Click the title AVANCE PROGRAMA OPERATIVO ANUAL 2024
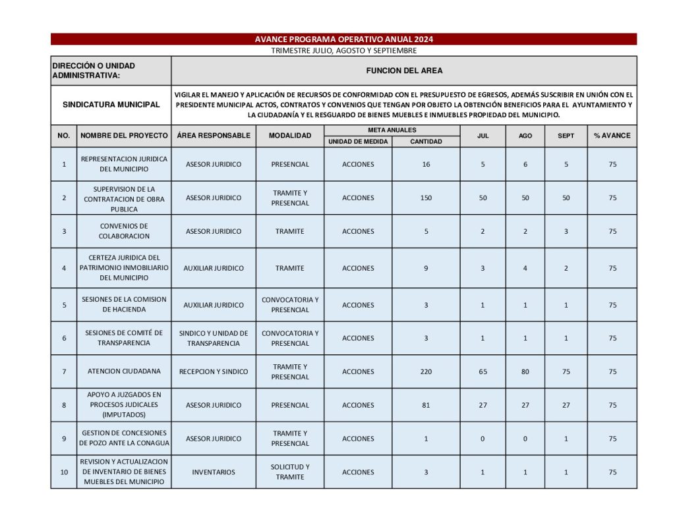[343, 40]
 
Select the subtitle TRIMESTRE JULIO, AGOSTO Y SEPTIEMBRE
[343, 51]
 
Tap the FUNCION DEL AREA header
[404, 70]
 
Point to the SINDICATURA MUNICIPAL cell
[111, 105]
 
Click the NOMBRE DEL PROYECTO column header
[124, 136]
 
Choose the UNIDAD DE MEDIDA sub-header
[358, 142]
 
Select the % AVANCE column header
[612, 136]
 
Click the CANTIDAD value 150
[426, 198]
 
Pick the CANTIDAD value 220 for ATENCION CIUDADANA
[426, 371]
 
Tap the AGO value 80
[525, 371]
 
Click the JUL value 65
[483, 371]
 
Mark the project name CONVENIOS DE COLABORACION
[124, 231]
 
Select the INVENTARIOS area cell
[214, 472]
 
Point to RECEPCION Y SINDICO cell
[214, 371]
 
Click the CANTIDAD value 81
[426, 405]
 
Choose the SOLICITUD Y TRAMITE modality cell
[290, 472]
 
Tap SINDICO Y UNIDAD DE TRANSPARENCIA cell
[214, 338]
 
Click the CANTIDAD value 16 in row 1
[426, 164]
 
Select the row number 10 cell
[64, 472]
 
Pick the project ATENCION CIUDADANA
[124, 371]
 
